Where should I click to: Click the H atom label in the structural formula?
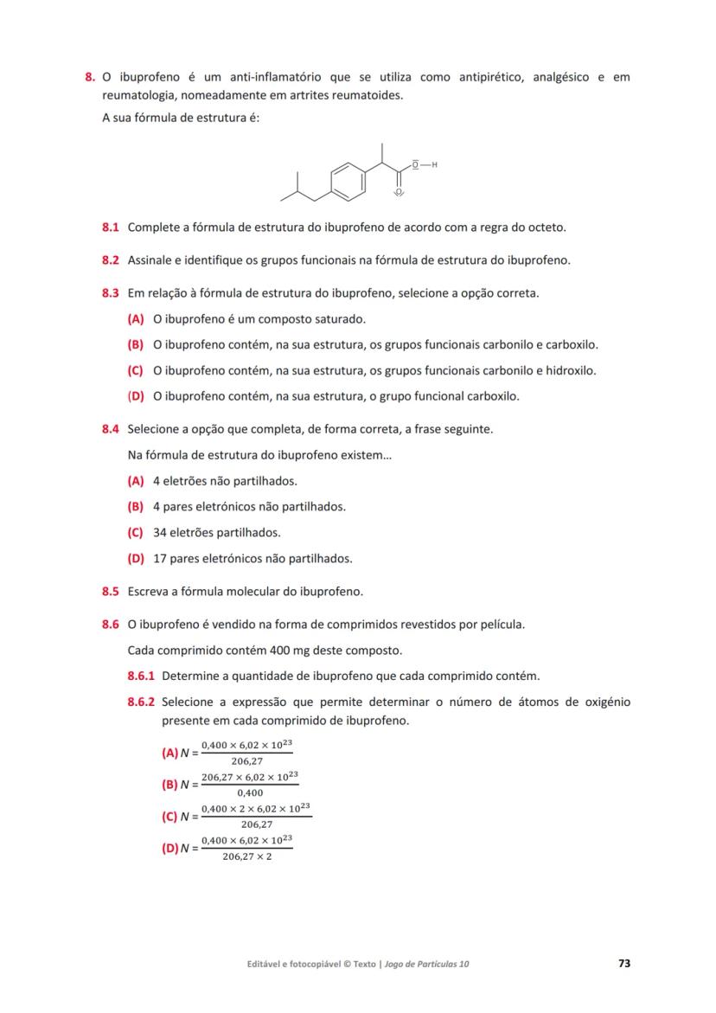(435, 164)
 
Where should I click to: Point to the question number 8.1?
(110, 228)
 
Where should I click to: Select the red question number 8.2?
(110, 260)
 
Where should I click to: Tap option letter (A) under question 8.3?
(136, 319)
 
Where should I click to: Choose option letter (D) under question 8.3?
(136, 397)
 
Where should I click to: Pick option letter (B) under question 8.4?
(136, 507)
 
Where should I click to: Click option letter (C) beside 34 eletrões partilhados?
(136, 533)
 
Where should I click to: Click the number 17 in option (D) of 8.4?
(159, 559)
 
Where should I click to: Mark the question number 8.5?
(110, 593)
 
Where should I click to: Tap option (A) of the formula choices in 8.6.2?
(170, 753)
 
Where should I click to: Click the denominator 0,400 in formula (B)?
(249, 792)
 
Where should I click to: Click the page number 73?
(624, 963)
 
